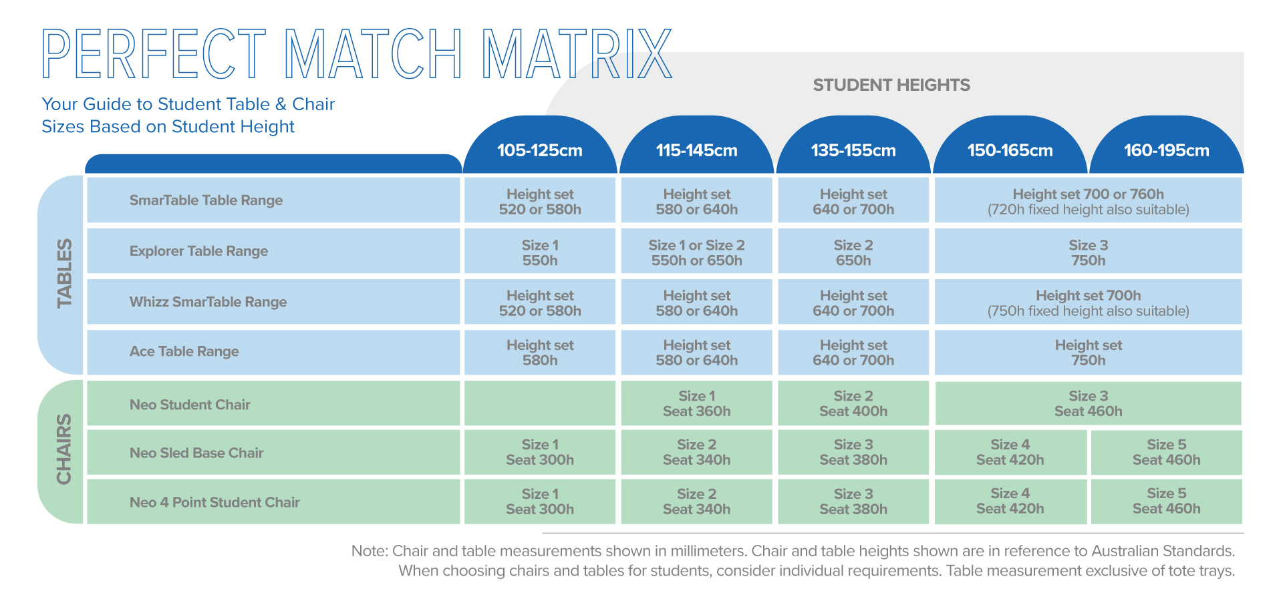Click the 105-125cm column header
tap(539, 150)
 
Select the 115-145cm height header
tap(696, 150)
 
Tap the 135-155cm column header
tap(853, 150)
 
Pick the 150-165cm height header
tap(1010, 150)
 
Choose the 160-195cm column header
tap(1166, 150)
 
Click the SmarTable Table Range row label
tap(206, 200)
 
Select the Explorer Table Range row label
tap(198, 251)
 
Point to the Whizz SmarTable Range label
tap(208, 302)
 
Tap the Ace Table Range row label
tap(184, 351)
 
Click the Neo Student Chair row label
tap(190, 405)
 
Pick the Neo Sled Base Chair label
tap(196, 453)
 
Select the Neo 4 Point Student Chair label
tap(215, 502)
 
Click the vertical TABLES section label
tap(64, 273)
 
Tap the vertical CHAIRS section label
tap(64, 449)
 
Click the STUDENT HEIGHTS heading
tap(891, 85)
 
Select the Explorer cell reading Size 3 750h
tap(1088, 252)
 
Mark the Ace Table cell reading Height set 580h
tap(539, 353)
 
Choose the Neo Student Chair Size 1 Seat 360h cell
tap(696, 403)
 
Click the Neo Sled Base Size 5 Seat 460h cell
tap(1166, 452)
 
